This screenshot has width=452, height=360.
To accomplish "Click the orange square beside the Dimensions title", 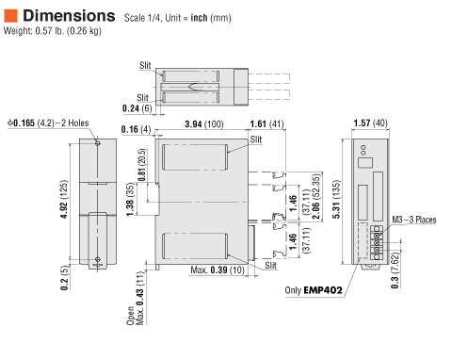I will pyautogui.click(x=10, y=15).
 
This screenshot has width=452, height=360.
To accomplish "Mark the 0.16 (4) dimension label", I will pyautogui.click(x=137, y=129).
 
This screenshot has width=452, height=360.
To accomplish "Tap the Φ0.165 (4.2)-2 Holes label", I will pyautogui.click(x=47, y=123).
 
